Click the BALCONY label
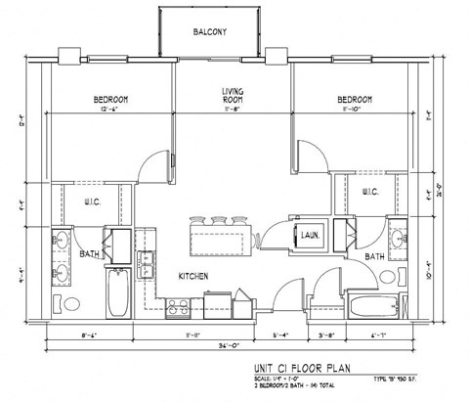[x=210, y=32]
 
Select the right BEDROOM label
[x=354, y=99]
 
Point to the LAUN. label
[x=313, y=235]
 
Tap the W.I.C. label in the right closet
[x=370, y=192]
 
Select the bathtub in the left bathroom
[x=117, y=295]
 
